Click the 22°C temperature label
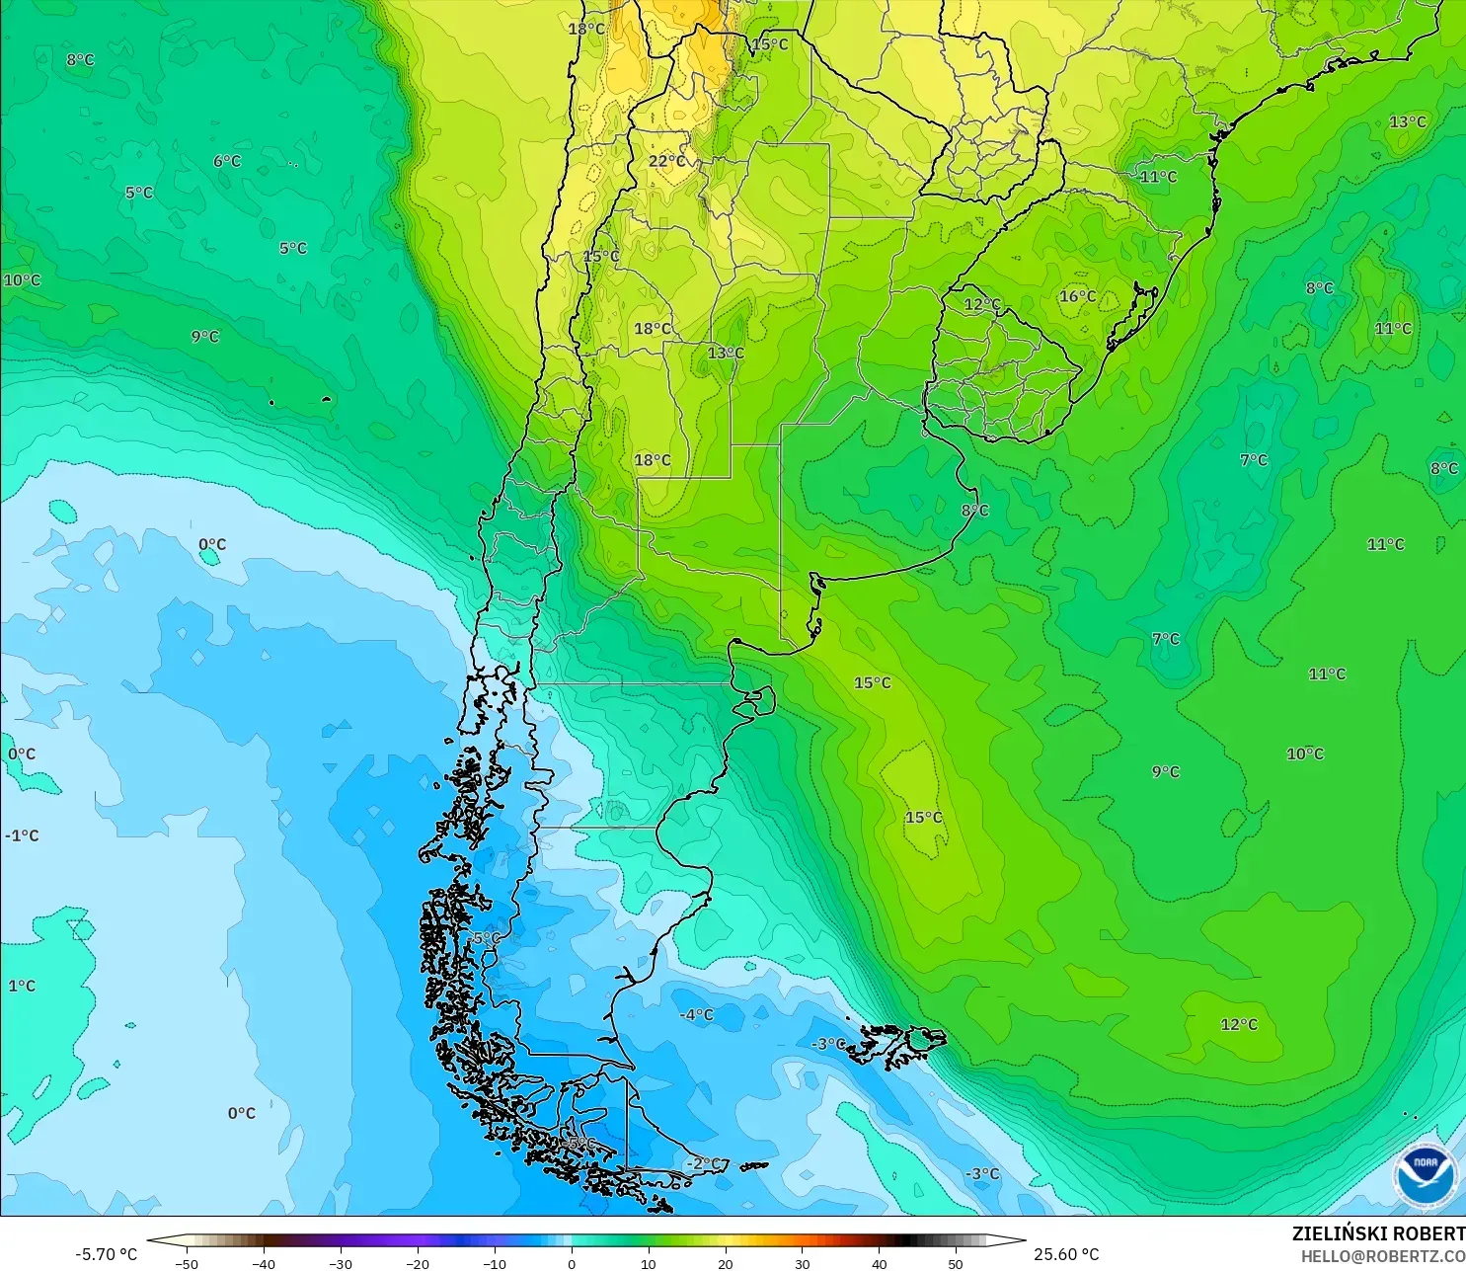[x=666, y=161]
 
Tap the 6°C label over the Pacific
[x=227, y=161]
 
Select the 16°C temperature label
[x=1077, y=296]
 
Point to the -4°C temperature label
[x=696, y=1015]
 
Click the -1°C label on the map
[x=22, y=835]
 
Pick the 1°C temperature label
[x=22, y=986]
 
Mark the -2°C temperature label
[x=704, y=1163]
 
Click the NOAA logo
[x=1425, y=1175]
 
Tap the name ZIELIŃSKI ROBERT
[x=1378, y=1233]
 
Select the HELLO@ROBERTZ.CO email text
[x=1382, y=1256]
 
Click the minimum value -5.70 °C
[x=107, y=1254]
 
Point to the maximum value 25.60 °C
[x=1066, y=1254]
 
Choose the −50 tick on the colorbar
[x=186, y=1263]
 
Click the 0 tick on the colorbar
[x=572, y=1263]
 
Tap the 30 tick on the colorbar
[x=802, y=1263]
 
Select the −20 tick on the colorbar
[x=417, y=1263]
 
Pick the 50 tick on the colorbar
[x=956, y=1263]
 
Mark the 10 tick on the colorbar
[x=648, y=1263]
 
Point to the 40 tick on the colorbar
[x=879, y=1263]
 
